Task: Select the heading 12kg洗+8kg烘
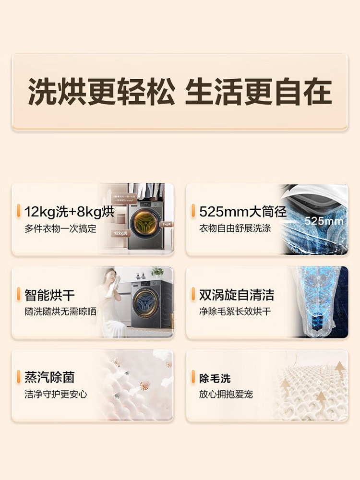coord(70,212)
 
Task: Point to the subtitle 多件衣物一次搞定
coord(60,228)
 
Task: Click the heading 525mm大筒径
coord(242,212)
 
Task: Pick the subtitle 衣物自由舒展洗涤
coord(235,228)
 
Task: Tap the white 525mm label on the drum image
coord(324,221)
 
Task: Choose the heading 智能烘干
coord(50,294)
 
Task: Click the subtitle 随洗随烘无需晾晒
coord(60,312)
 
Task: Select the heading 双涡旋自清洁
coord(237,294)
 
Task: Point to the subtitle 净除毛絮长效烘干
coord(235,312)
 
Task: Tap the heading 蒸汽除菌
coord(50,377)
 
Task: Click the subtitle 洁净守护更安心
coord(56,395)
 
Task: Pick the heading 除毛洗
coord(215,378)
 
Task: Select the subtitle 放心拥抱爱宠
coord(226,395)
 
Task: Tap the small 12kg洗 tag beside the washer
coord(120,233)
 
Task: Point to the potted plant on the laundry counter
coord(157,272)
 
